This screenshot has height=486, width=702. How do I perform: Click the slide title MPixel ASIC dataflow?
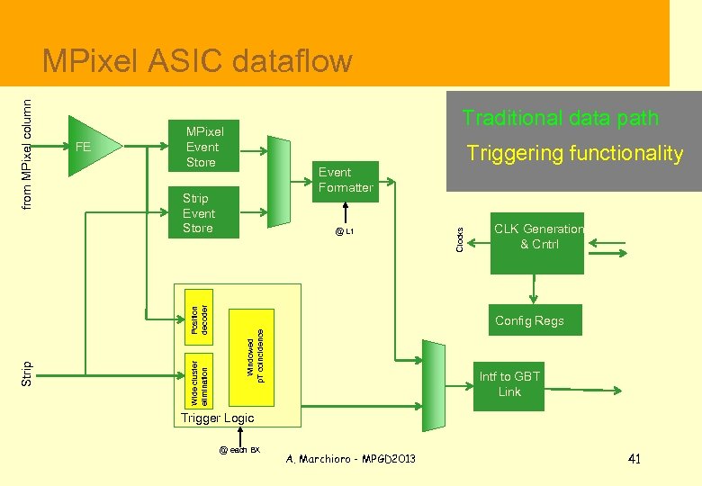[x=197, y=61]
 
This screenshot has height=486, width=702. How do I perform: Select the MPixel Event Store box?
[x=202, y=146]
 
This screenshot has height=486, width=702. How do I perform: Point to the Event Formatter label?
[x=346, y=179]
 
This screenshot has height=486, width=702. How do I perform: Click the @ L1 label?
[x=345, y=231]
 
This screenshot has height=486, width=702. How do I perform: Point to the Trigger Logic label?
[x=218, y=418]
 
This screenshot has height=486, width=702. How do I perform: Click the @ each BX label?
[x=238, y=449]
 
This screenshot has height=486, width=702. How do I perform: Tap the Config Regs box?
[x=529, y=320]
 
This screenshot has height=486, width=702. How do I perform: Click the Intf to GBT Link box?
[x=509, y=384]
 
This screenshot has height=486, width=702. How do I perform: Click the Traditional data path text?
[x=560, y=118]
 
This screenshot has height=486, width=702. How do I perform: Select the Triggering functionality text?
[x=574, y=154]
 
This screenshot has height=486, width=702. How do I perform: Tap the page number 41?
[x=634, y=459]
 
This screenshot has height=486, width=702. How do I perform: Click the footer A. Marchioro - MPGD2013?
[x=350, y=459]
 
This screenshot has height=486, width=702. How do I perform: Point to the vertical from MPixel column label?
[x=27, y=141]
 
